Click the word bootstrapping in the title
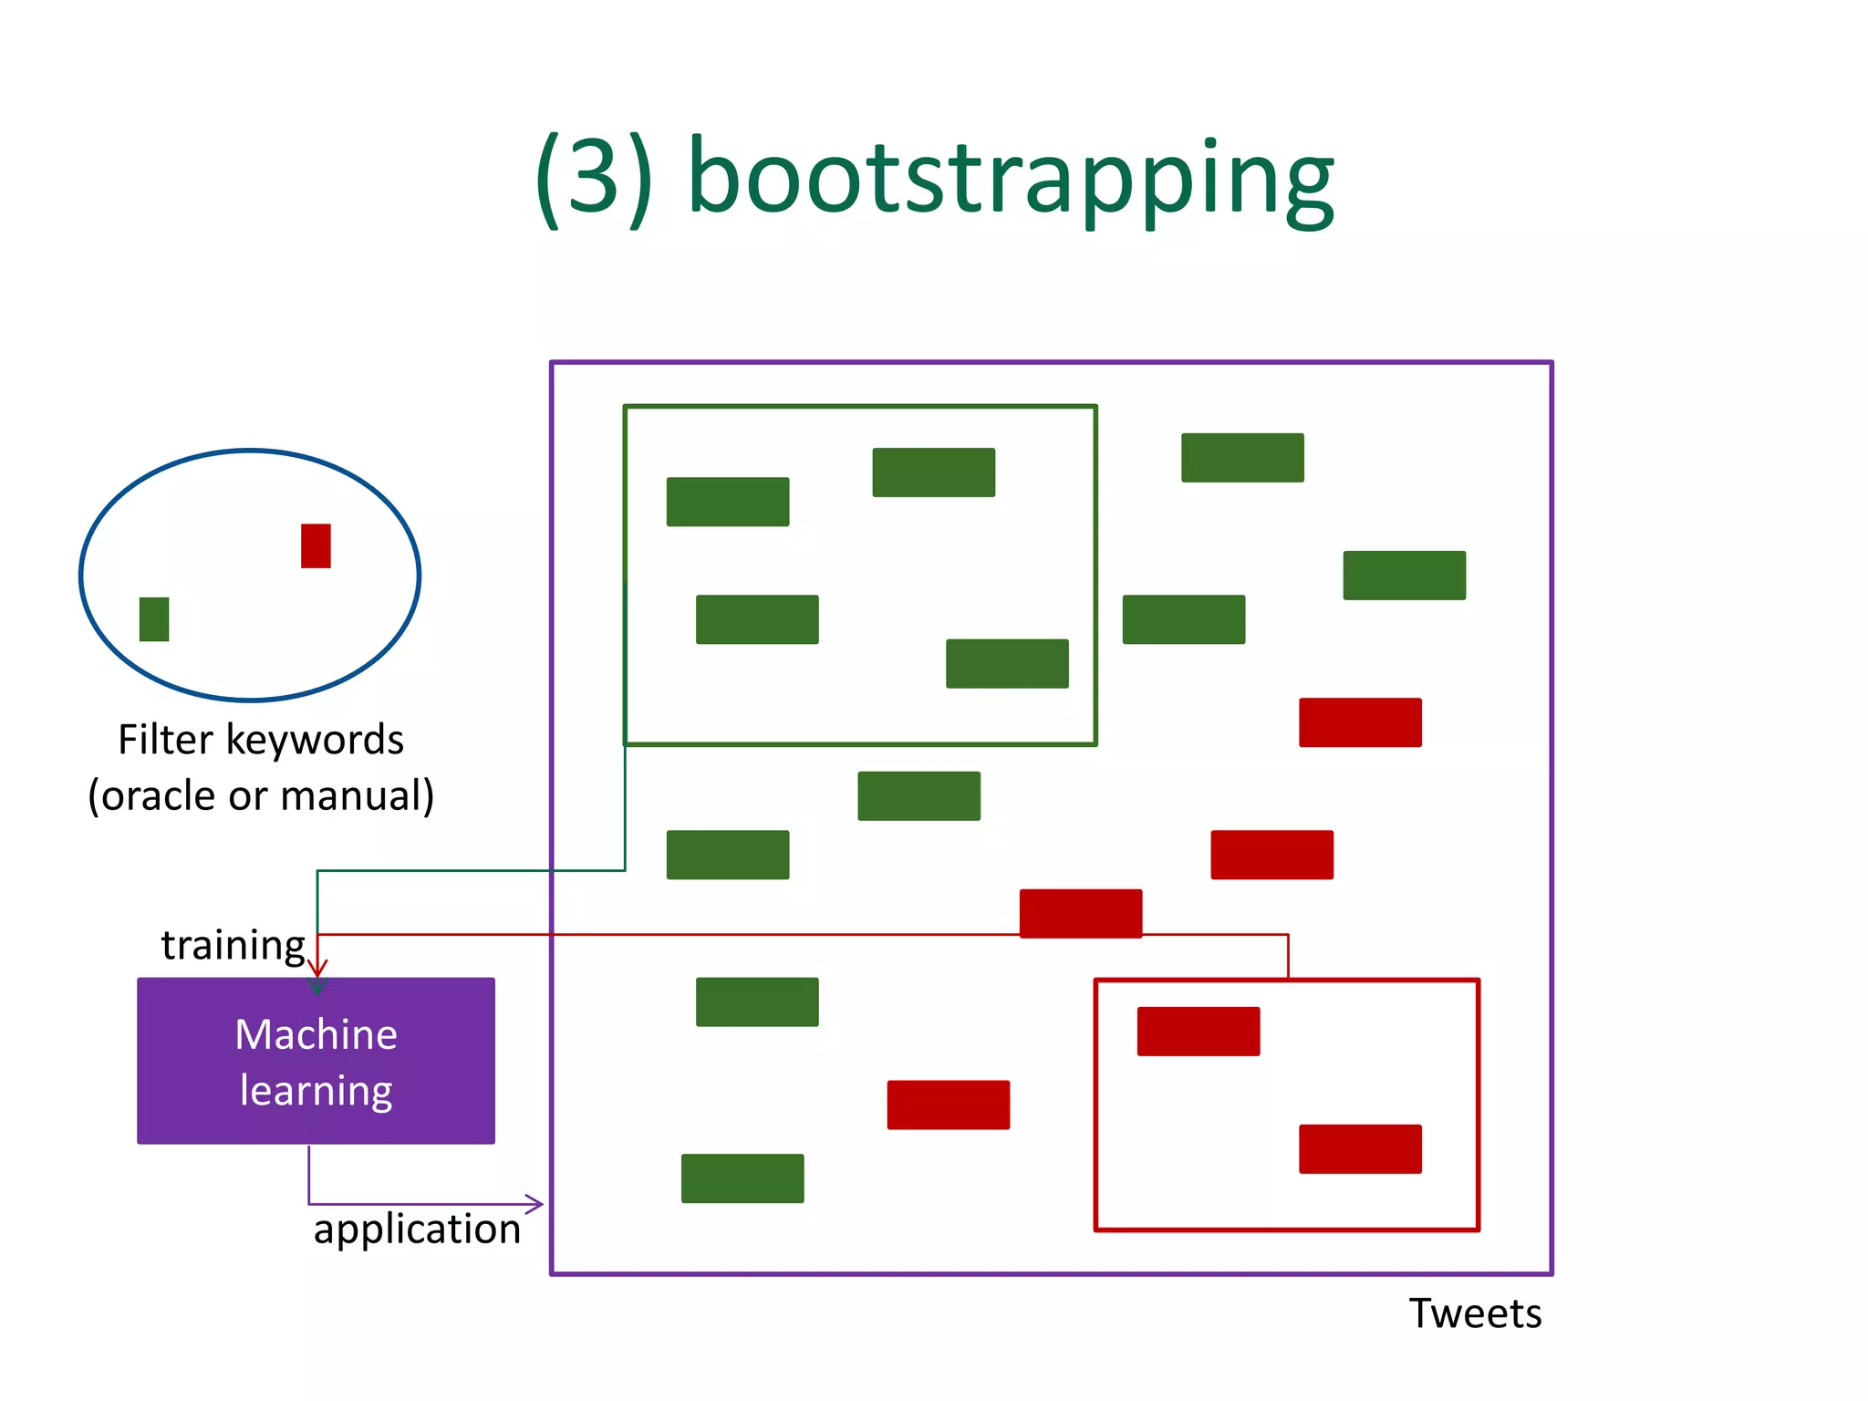click(x=1011, y=178)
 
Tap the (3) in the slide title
click(x=594, y=178)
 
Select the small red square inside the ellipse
click(x=316, y=545)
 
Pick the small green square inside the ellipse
click(x=154, y=619)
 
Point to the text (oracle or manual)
click(x=261, y=795)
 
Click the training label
click(x=233, y=945)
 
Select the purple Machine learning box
click(x=316, y=1061)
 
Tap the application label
click(x=417, y=1229)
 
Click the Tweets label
click(x=1475, y=1313)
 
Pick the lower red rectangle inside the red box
click(x=1360, y=1149)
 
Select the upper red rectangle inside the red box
click(x=1199, y=1032)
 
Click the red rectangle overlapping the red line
click(x=1081, y=913)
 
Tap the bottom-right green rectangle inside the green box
click(x=1007, y=663)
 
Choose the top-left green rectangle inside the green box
click(x=728, y=502)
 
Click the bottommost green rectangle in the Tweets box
click(x=742, y=1178)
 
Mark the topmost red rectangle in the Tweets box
click(x=1360, y=722)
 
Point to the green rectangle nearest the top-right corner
click(x=1405, y=575)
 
